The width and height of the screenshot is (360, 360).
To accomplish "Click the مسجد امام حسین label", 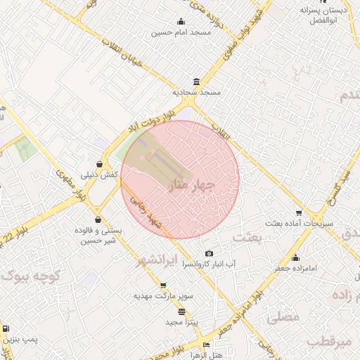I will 181,32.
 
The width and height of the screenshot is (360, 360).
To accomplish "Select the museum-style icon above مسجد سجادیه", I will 195,81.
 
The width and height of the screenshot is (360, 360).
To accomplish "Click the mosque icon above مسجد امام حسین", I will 181,21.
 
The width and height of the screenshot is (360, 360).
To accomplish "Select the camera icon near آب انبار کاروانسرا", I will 209,253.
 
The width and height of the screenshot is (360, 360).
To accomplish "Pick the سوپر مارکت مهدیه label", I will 164,297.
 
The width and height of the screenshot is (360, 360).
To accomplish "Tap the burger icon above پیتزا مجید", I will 183,311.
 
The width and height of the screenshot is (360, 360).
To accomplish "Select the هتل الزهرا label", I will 206,355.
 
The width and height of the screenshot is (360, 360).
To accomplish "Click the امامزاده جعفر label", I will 295,268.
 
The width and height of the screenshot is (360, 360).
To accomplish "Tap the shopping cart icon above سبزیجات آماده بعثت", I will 299,213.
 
